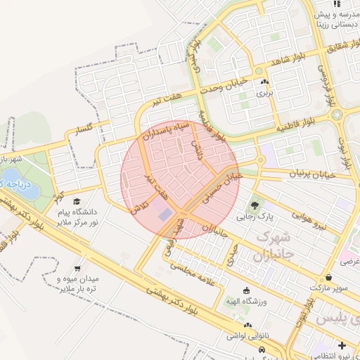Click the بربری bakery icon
tap(264, 82)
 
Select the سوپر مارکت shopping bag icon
tap(329, 277)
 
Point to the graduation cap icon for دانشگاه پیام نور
tap(76, 202)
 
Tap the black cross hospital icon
tap(342, 345)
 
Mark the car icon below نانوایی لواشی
tap(262, 349)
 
